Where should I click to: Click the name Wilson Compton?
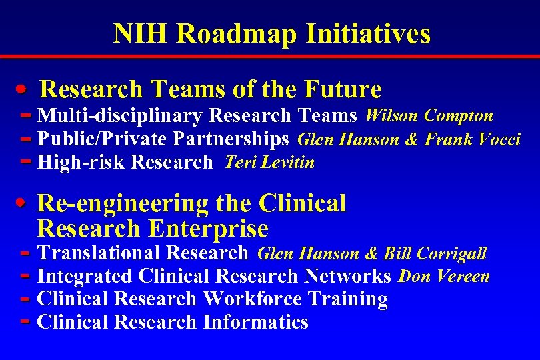429,116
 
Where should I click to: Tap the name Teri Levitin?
270,163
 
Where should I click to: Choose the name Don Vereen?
444,276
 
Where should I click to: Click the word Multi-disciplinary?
120,116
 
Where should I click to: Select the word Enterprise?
209,229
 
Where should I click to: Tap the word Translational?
99,253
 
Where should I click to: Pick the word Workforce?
255,299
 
